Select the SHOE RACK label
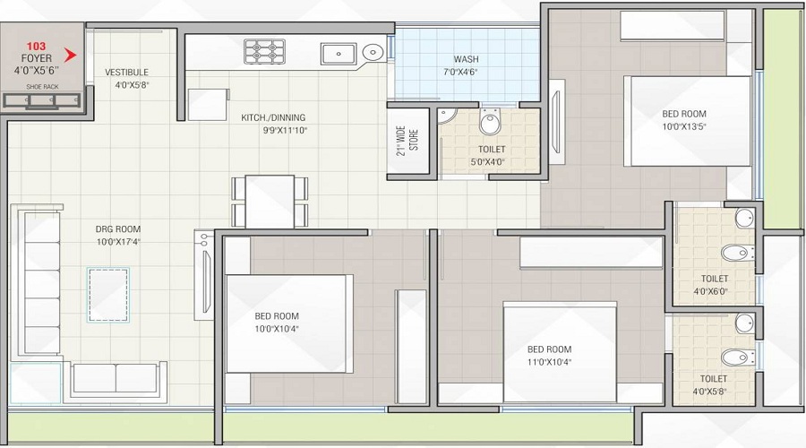pos(42,87)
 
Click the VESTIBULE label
pos(126,73)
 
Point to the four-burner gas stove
pos(265,50)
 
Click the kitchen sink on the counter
pos(339,52)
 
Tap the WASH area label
pos(466,59)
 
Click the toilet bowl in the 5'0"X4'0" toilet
pos(489,123)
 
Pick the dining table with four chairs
pos(270,201)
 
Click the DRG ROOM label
pos(118,229)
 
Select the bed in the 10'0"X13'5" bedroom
pos(686,121)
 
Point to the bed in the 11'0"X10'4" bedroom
pos(559,351)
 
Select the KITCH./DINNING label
pos(273,117)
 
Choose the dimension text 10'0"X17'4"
pos(118,241)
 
